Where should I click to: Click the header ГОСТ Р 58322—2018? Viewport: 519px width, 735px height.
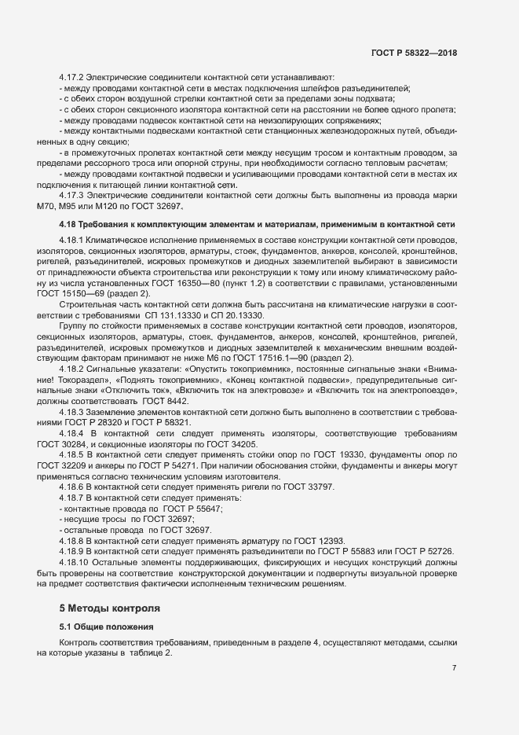[414, 53]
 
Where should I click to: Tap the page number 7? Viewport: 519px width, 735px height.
[455, 667]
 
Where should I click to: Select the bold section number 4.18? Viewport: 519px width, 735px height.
[69, 225]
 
